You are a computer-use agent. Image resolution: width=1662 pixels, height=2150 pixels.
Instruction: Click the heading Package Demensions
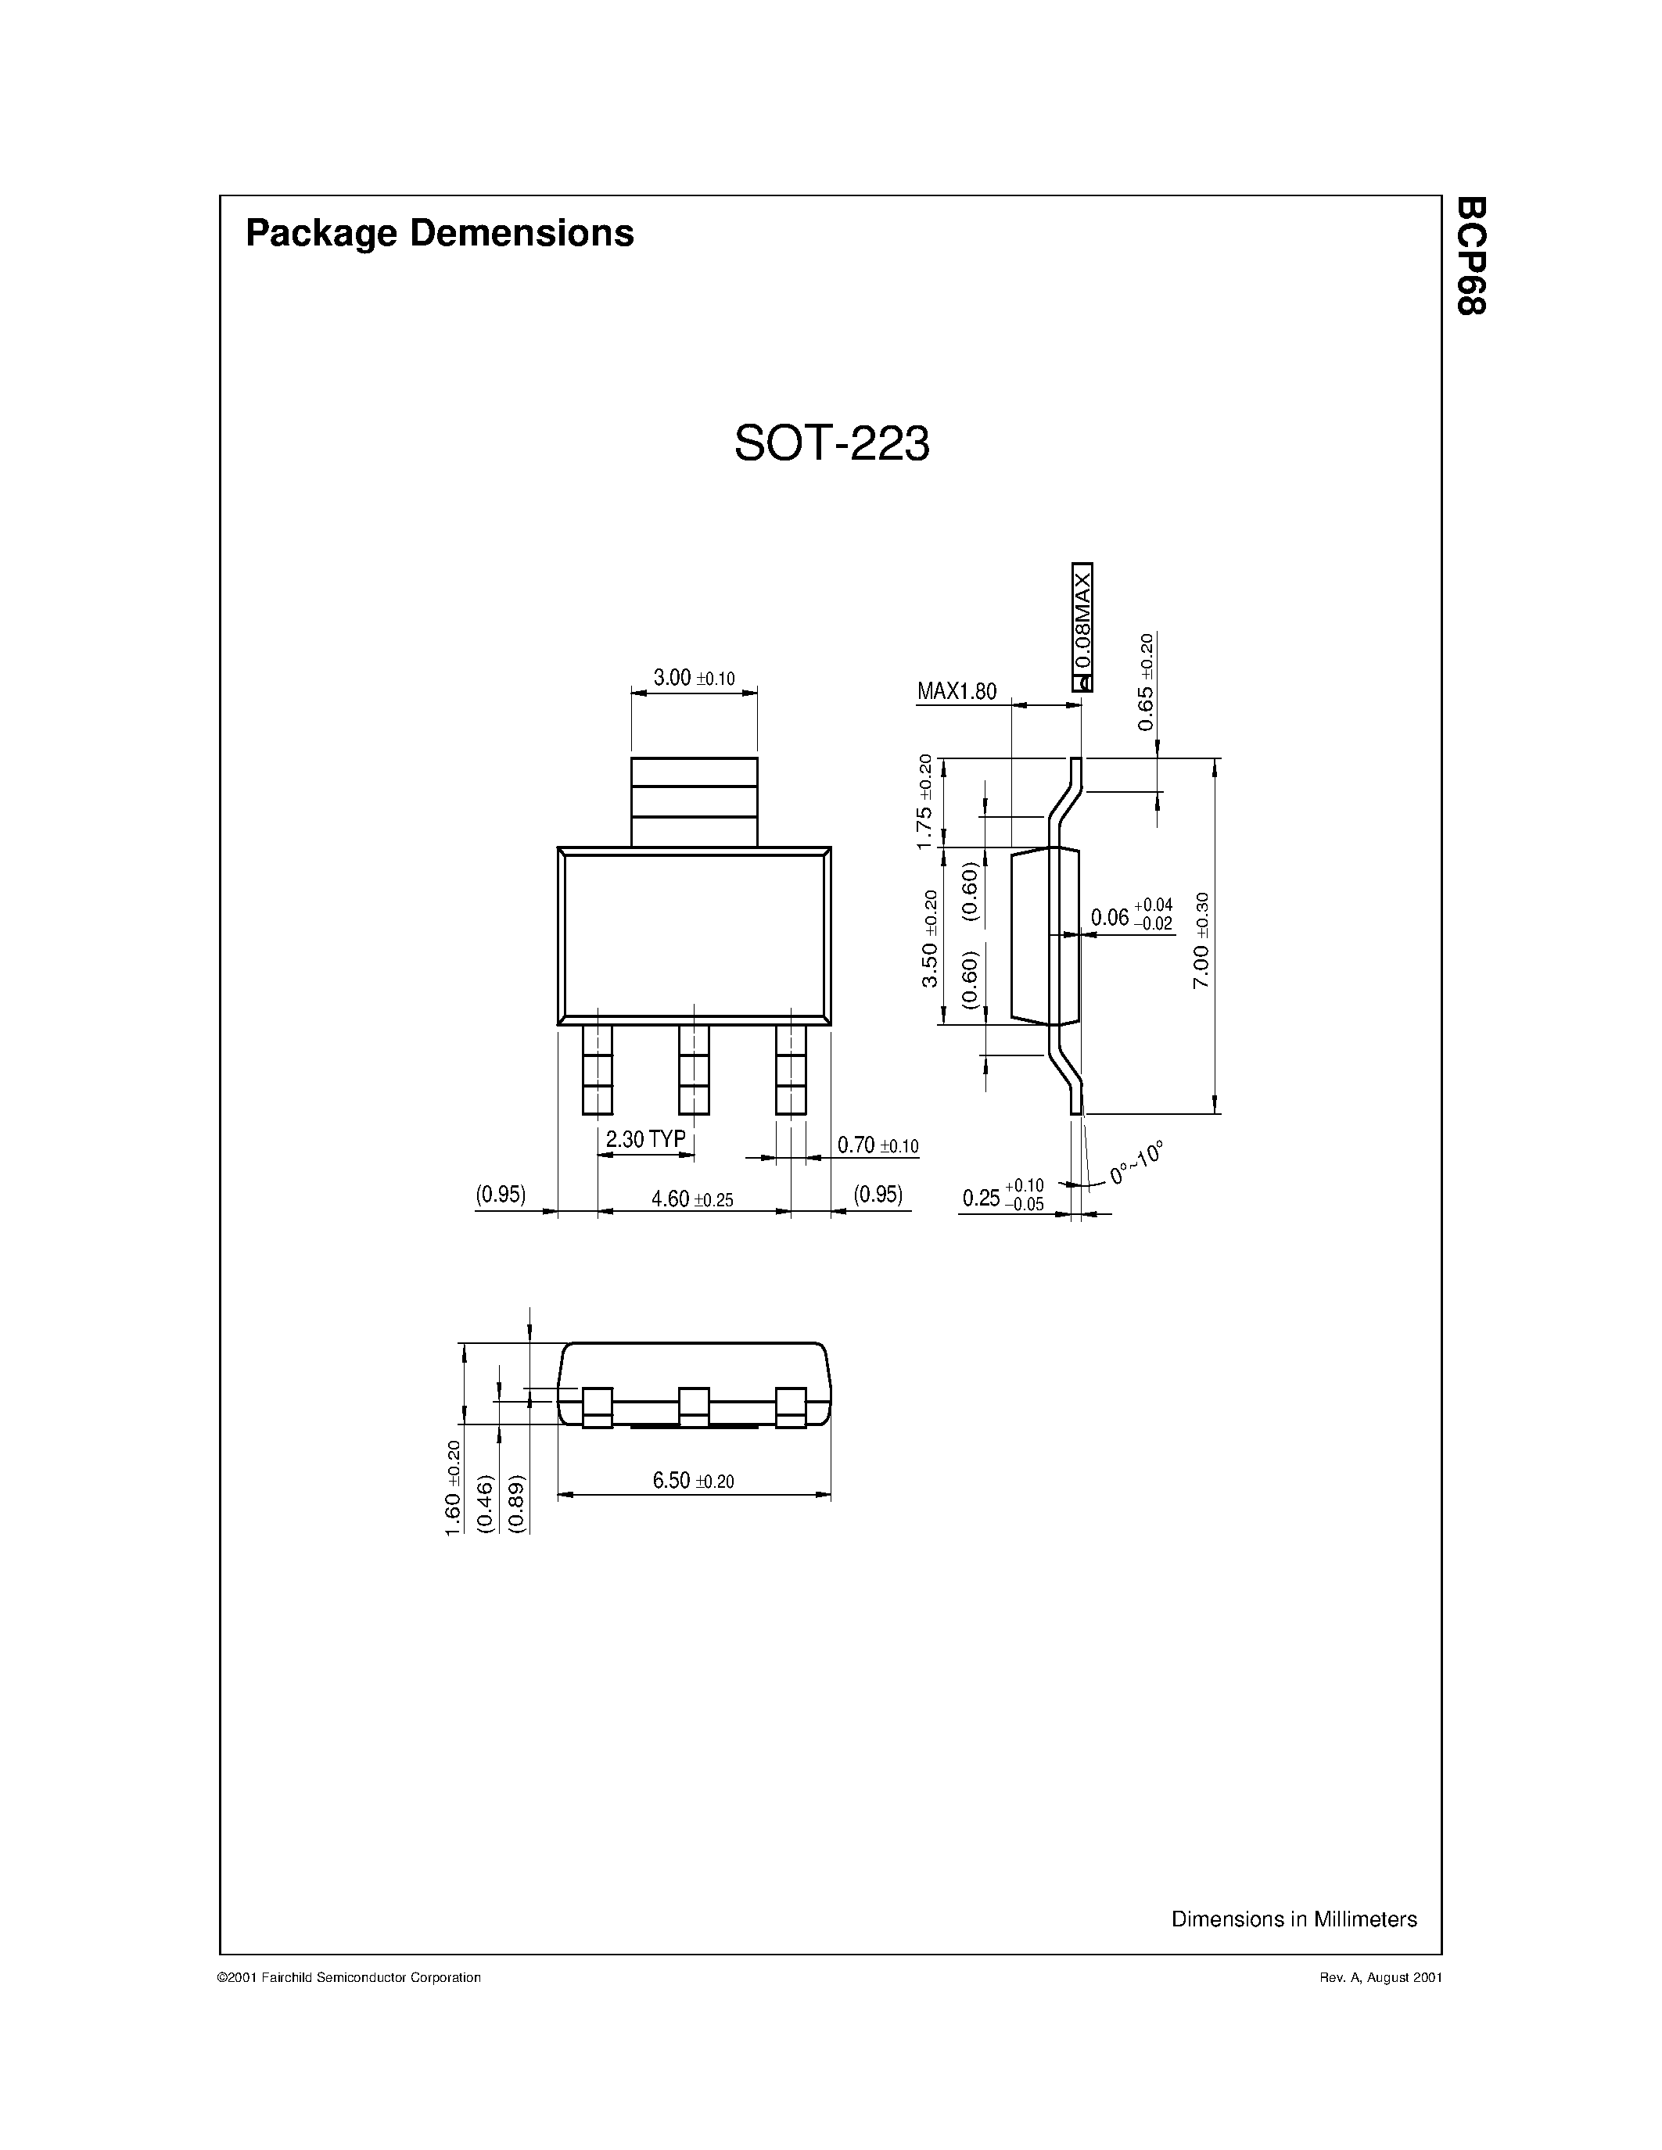(439, 233)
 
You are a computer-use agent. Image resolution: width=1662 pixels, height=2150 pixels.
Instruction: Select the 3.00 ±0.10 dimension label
(693, 679)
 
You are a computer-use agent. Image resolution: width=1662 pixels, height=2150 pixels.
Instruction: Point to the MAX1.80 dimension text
(956, 691)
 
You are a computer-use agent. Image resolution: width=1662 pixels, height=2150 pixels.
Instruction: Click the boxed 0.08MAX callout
(1082, 627)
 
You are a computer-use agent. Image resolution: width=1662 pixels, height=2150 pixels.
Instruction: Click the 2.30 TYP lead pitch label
(645, 1139)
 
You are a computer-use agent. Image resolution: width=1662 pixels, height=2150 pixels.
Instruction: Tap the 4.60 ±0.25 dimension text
(692, 1199)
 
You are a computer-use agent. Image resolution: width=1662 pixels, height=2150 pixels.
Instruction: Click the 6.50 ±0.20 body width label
(693, 1481)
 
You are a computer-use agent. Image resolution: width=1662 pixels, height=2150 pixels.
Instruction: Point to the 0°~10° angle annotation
(1136, 1163)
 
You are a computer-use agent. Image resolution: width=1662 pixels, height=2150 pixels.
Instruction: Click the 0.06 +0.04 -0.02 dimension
(1130, 916)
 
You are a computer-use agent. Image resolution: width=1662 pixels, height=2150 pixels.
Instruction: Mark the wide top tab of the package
(695, 801)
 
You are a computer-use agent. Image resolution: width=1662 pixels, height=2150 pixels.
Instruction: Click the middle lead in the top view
(695, 1070)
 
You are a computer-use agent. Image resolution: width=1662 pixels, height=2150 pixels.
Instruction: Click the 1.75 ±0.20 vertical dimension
(924, 801)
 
